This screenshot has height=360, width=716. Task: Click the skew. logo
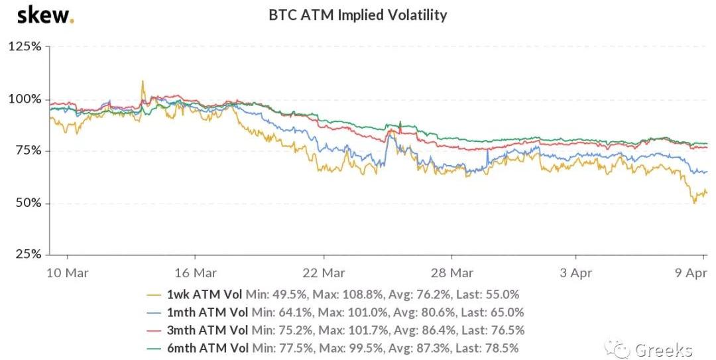(x=45, y=15)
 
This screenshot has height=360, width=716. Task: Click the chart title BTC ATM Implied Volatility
(x=357, y=15)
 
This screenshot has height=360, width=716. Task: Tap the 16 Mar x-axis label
(x=196, y=272)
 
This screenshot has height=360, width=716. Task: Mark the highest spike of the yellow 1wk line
(x=142, y=82)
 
